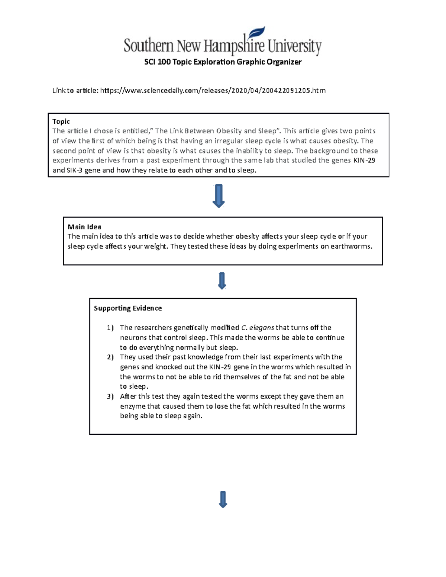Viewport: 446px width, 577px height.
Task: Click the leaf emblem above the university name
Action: click(x=257, y=32)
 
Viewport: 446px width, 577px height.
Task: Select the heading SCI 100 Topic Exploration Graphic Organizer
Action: click(x=223, y=62)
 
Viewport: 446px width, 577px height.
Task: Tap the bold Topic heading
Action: click(x=61, y=121)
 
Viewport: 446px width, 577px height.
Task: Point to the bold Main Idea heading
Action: click(x=84, y=227)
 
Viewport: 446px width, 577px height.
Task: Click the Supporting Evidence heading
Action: click(x=127, y=308)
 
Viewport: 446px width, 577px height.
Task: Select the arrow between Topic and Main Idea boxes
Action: click(x=219, y=195)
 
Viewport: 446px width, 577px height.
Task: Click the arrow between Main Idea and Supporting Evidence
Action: click(x=222, y=281)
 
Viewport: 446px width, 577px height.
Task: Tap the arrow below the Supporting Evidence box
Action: click(x=223, y=499)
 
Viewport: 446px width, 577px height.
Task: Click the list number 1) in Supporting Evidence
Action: click(x=110, y=328)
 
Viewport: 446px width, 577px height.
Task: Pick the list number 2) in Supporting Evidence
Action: click(x=110, y=357)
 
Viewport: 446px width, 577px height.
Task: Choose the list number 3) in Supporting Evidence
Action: click(x=110, y=396)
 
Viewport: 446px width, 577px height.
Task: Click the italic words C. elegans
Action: click(x=258, y=328)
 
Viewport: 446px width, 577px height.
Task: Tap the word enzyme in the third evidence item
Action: click(x=132, y=406)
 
